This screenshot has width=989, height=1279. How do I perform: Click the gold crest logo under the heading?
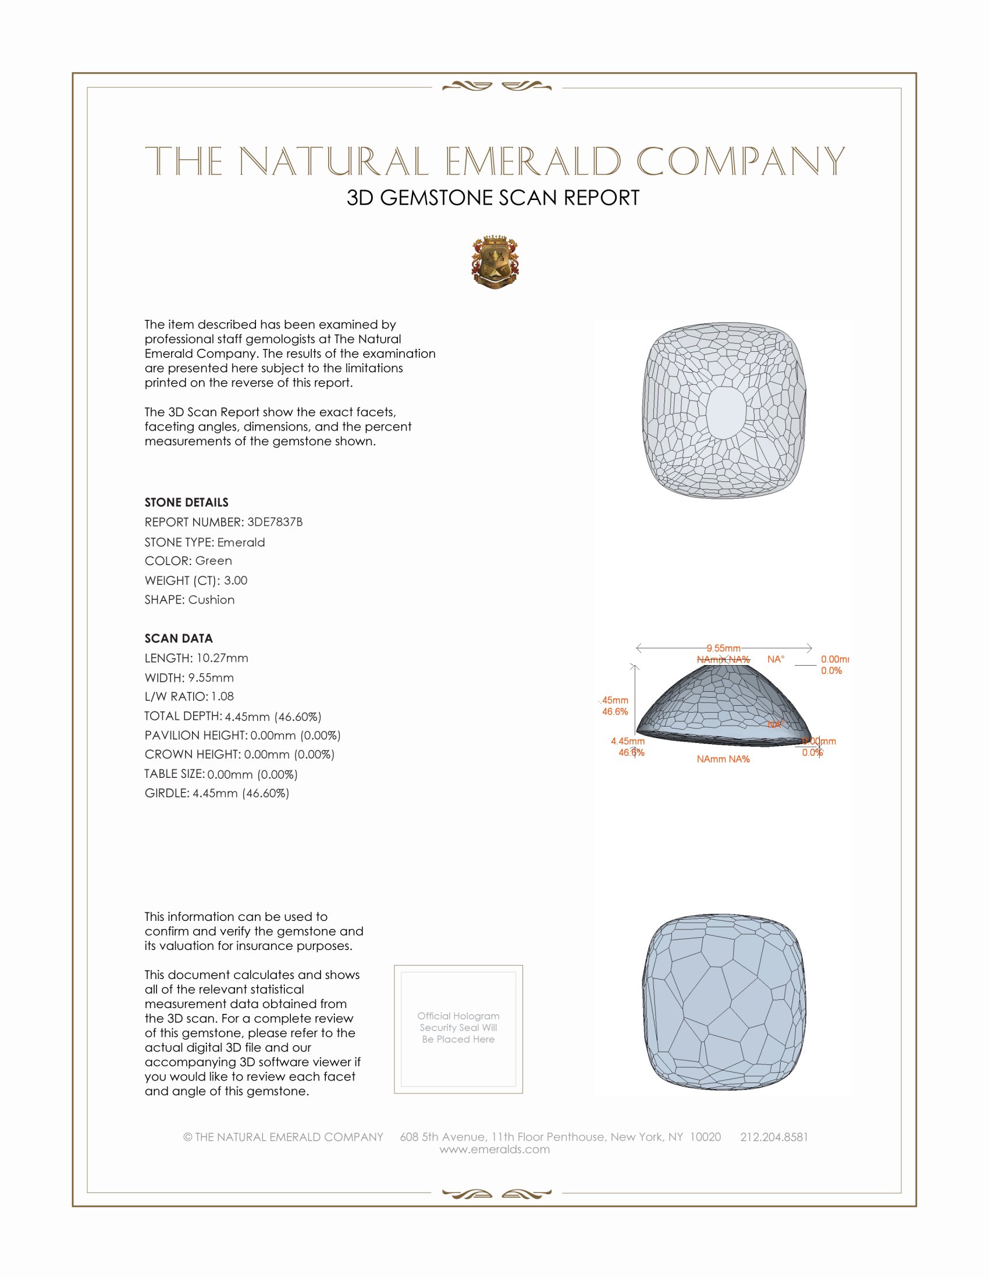tap(495, 262)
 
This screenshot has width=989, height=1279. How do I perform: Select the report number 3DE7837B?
tap(275, 522)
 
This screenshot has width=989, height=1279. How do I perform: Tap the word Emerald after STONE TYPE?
tap(241, 542)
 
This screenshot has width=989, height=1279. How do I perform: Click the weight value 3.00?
tap(236, 580)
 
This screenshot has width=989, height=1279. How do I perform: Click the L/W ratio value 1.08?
tap(223, 696)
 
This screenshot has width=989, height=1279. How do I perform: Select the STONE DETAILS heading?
tap(186, 502)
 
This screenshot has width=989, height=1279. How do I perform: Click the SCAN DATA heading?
tap(179, 638)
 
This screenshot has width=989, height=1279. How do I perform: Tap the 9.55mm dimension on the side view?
tap(723, 648)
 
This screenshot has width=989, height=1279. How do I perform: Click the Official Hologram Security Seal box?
tap(458, 1029)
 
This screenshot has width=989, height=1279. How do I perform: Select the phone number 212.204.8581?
tap(774, 1137)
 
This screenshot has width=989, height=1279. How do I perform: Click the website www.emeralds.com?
tap(494, 1149)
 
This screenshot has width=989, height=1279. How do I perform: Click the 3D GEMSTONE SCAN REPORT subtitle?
tap(493, 198)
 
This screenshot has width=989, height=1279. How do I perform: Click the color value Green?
tap(214, 561)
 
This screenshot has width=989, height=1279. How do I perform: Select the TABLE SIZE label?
tap(175, 774)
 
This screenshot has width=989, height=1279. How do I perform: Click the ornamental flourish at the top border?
tap(496, 87)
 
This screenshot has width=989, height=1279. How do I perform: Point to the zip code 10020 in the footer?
tap(705, 1137)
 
